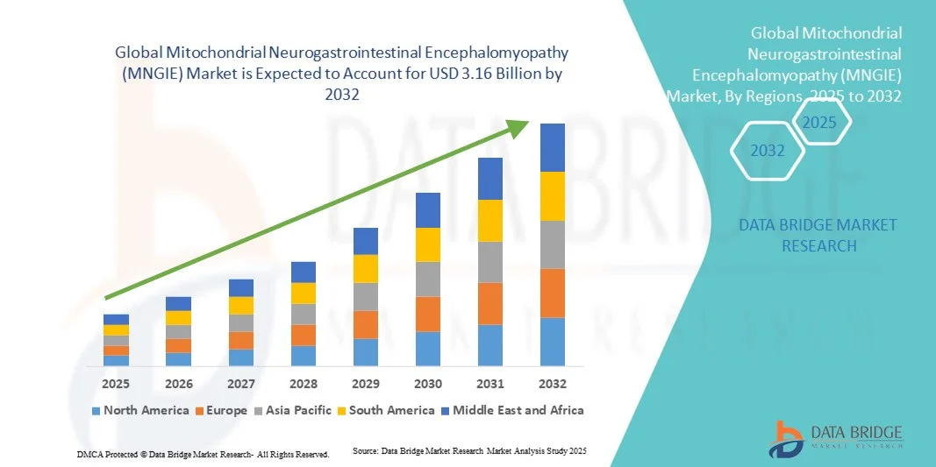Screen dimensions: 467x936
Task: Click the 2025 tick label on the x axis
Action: [x=116, y=384]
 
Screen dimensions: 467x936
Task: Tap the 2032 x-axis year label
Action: [x=552, y=384]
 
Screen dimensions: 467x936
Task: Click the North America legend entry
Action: [x=139, y=410]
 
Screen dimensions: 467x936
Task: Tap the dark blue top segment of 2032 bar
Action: [x=552, y=147]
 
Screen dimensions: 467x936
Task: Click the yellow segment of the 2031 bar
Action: [x=489, y=221]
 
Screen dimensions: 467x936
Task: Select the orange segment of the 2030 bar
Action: [x=427, y=314]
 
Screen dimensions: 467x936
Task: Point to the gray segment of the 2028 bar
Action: [x=304, y=314]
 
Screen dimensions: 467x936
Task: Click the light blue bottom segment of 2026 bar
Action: [x=178, y=359]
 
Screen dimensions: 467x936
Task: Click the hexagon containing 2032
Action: [x=768, y=151]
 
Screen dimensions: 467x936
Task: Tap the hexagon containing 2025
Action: [x=820, y=123]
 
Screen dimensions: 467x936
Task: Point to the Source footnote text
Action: [x=468, y=450]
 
